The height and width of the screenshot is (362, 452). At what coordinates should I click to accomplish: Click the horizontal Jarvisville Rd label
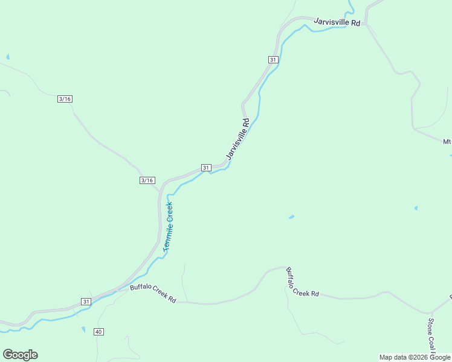click(337, 22)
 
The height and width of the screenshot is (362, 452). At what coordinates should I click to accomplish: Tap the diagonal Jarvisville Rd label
click(237, 139)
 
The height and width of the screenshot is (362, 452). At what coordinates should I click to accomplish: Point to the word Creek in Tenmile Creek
click(170, 209)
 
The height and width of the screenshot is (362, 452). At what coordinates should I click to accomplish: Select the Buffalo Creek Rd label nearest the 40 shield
click(153, 293)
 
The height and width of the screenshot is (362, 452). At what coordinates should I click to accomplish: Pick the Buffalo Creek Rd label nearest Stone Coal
click(302, 282)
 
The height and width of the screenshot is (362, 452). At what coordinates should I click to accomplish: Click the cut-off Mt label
click(447, 142)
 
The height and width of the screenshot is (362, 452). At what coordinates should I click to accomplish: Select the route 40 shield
click(98, 331)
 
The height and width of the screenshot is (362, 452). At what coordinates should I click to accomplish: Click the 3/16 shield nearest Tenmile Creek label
click(147, 180)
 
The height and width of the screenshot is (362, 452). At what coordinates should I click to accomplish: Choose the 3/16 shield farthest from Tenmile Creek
click(65, 99)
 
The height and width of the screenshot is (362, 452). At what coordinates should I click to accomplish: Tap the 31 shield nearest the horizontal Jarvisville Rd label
click(273, 59)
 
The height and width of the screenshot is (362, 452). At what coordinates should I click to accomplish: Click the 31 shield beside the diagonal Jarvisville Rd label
click(206, 167)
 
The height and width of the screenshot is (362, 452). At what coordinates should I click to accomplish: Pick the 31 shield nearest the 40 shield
click(86, 301)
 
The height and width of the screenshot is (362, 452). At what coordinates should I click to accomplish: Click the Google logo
click(20, 355)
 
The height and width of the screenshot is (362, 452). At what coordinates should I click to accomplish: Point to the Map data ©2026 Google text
click(415, 357)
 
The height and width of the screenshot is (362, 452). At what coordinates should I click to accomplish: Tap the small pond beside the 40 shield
click(83, 329)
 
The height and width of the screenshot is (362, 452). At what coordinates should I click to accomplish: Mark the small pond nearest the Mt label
click(416, 208)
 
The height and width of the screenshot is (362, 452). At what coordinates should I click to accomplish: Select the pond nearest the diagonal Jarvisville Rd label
click(291, 217)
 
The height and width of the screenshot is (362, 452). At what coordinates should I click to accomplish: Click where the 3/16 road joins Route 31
click(161, 191)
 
